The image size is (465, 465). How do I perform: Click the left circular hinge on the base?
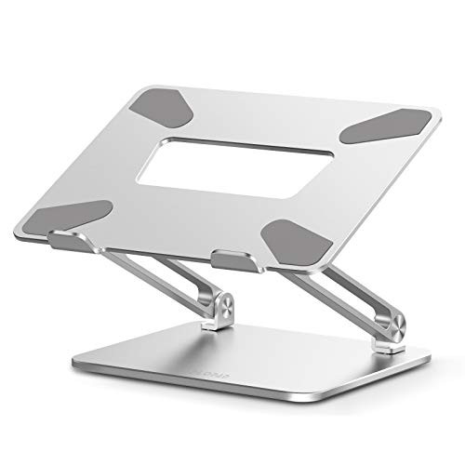tap(217, 312)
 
